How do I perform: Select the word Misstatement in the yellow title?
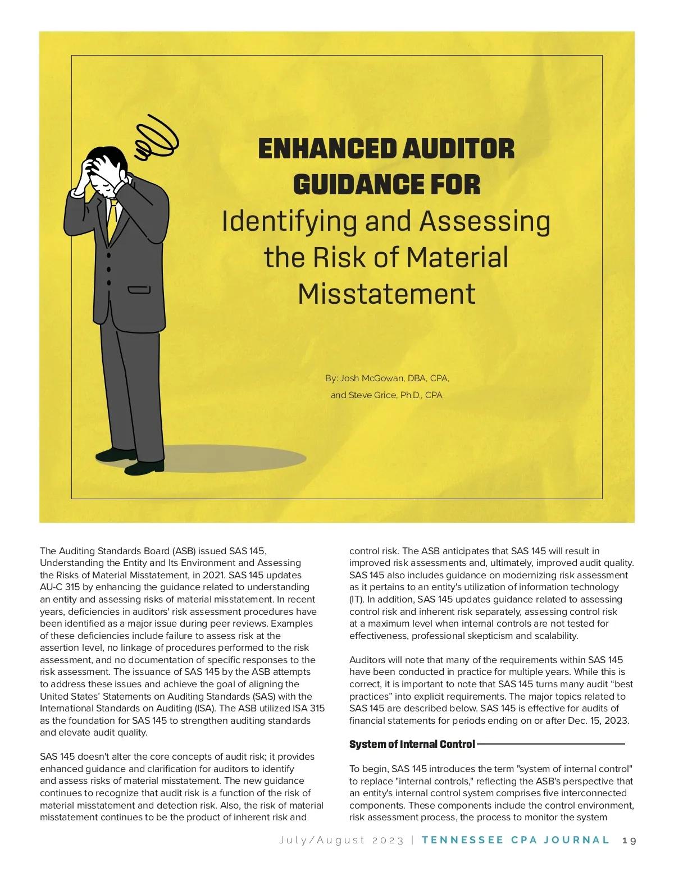386,294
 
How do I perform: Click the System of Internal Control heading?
412,745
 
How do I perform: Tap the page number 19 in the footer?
630,841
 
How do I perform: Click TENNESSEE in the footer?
462,841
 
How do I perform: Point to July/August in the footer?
322,841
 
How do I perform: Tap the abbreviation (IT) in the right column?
356,600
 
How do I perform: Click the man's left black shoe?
115,454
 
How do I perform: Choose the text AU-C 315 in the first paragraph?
60,587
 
